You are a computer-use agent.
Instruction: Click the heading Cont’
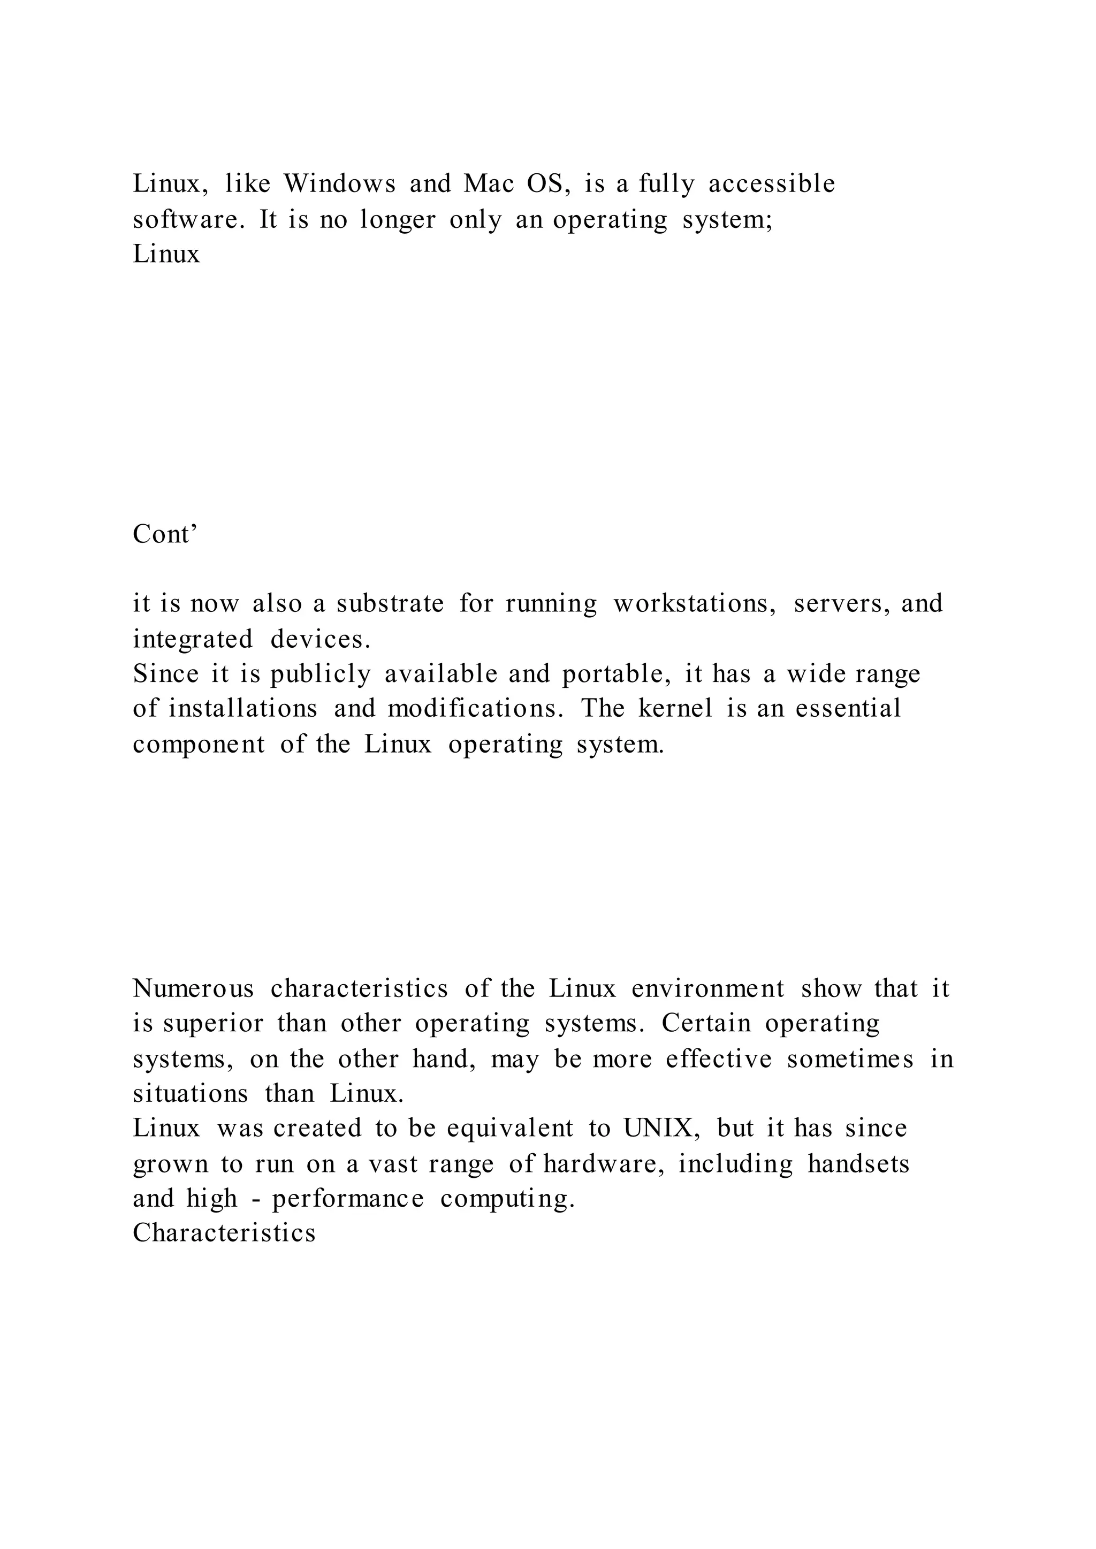coord(165,534)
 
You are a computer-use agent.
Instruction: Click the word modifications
coord(475,708)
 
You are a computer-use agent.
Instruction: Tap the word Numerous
coord(194,989)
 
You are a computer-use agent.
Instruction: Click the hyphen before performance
coord(255,1200)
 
